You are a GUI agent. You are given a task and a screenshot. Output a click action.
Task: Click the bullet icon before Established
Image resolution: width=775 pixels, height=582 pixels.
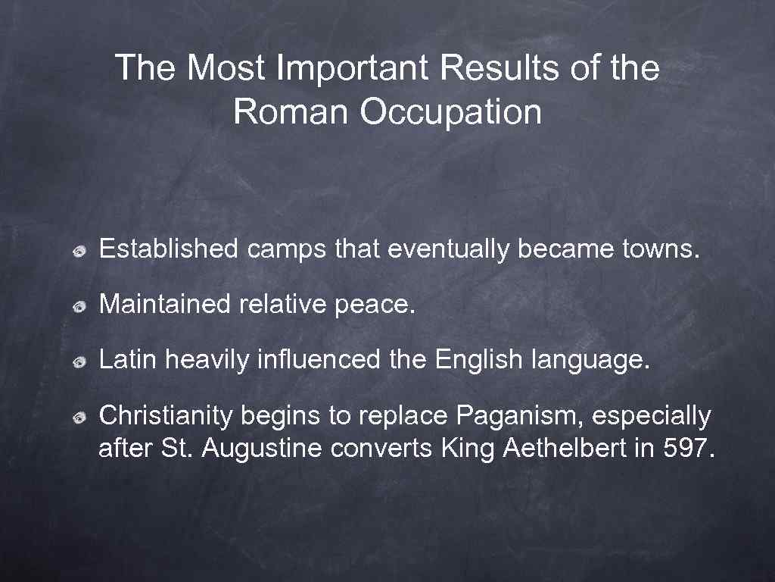point(79,249)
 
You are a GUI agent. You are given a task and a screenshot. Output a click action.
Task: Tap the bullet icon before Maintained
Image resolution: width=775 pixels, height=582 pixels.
point(79,305)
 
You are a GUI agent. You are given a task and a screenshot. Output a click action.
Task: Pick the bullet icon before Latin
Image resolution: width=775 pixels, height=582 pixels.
point(79,361)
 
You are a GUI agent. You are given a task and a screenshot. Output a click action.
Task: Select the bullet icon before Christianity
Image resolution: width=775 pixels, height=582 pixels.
point(79,418)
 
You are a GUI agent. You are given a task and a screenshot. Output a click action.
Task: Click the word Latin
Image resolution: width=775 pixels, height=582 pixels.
point(128,360)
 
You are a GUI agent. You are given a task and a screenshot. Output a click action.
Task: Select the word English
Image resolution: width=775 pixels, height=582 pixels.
point(478,360)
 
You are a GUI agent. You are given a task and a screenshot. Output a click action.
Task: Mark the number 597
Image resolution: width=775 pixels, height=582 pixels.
point(687,449)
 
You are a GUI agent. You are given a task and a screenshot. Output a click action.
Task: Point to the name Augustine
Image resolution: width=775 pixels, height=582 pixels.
point(262,449)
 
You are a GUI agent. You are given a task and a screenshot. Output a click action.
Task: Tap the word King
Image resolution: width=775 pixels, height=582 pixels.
point(466,449)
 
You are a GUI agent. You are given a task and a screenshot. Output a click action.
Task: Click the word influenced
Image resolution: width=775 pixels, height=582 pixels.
point(319,360)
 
